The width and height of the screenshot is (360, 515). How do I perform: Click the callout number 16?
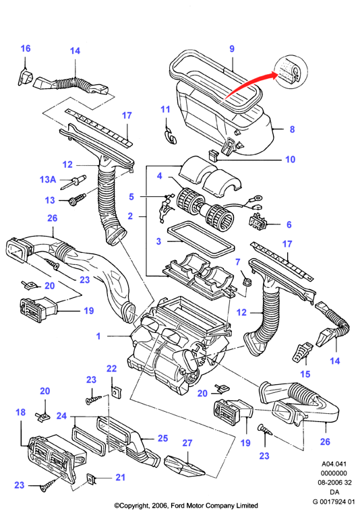(x=26, y=49)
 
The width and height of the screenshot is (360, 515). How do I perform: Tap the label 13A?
(x=48, y=179)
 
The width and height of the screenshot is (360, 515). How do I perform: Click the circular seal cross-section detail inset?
(x=291, y=72)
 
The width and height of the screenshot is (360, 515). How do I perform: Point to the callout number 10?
(x=291, y=159)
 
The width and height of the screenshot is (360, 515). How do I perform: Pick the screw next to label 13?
(x=77, y=200)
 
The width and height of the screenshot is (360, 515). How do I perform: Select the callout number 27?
(x=187, y=443)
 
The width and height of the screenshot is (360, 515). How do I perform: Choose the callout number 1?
(x=98, y=336)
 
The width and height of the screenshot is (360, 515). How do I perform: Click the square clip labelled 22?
(x=116, y=392)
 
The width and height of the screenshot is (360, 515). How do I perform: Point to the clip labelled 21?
(x=90, y=479)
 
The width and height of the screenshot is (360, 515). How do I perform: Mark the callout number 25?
(x=162, y=437)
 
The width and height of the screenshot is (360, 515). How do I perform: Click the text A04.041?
(x=334, y=464)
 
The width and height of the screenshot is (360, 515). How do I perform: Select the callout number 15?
(x=305, y=373)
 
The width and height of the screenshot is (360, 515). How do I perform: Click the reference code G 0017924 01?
(x=334, y=502)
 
